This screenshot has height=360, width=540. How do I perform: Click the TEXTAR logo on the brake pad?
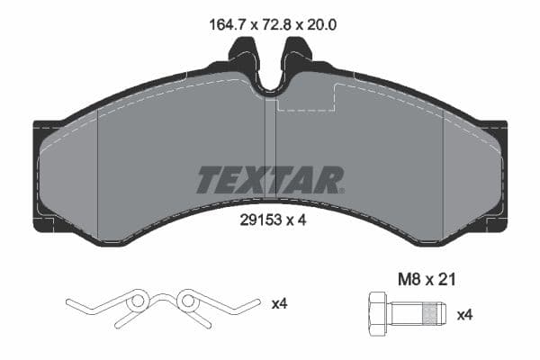[x=270, y=180]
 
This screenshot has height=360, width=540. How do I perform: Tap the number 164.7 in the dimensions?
[x=216, y=27]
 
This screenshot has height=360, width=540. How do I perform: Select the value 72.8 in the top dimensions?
[x=268, y=27]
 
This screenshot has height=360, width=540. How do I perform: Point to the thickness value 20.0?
[x=320, y=27]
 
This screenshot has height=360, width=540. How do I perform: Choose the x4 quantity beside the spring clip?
[x=280, y=305]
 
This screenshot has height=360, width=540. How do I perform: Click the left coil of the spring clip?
[x=138, y=301]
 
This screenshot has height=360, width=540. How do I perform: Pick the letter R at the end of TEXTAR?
[x=329, y=180]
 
